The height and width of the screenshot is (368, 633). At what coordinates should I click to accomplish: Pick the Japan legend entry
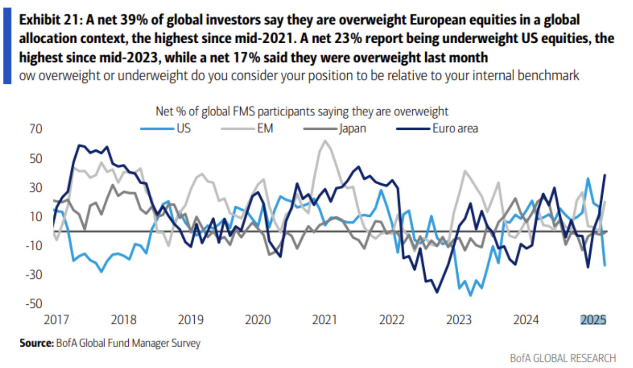(342, 128)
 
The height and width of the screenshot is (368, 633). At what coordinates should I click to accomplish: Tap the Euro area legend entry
(440, 128)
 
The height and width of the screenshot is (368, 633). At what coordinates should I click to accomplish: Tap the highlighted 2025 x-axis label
(593, 321)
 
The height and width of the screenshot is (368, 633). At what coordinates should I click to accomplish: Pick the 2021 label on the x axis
(325, 321)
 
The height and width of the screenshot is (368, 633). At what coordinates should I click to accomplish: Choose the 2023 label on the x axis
(460, 321)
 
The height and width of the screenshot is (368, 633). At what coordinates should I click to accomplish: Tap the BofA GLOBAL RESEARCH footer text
(563, 358)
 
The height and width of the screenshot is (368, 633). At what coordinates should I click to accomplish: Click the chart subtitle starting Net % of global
(302, 111)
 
